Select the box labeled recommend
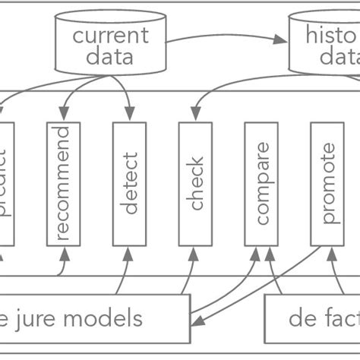(63, 183)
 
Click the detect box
(129, 183)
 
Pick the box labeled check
(195, 183)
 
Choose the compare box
(261, 183)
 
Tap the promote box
(327, 183)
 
